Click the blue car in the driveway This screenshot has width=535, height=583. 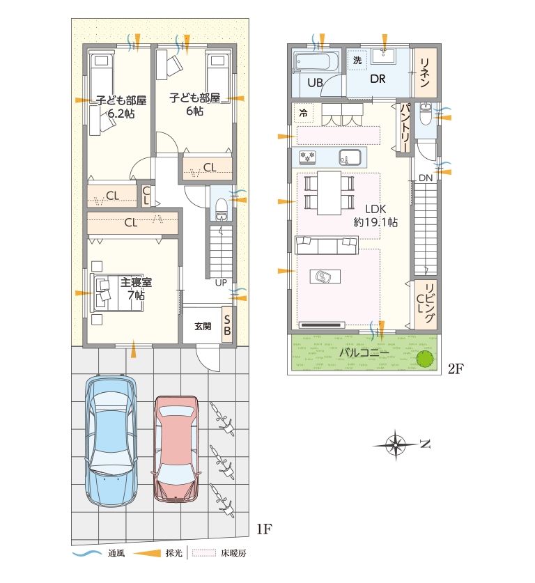111,441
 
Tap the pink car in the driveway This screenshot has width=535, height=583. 176,449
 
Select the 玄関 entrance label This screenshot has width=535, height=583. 203,326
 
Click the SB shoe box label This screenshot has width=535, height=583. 227,325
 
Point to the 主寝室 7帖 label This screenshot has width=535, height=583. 136,288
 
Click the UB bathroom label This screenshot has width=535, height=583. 315,82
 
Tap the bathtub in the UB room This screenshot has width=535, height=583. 316,62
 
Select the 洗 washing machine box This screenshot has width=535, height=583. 357,60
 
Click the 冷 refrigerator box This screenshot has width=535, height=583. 304,113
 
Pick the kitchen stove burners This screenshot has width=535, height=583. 307,157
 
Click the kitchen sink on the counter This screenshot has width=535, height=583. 350,157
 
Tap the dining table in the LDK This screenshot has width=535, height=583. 329,193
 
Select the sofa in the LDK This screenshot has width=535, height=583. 327,244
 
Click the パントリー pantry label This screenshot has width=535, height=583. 405,127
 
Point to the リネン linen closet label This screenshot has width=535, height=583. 425,72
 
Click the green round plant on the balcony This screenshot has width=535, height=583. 424,359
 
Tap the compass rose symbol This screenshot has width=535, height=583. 396,444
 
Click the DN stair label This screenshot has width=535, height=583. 426,178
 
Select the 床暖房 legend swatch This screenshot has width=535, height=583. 204,553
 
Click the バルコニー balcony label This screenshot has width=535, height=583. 364,352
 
